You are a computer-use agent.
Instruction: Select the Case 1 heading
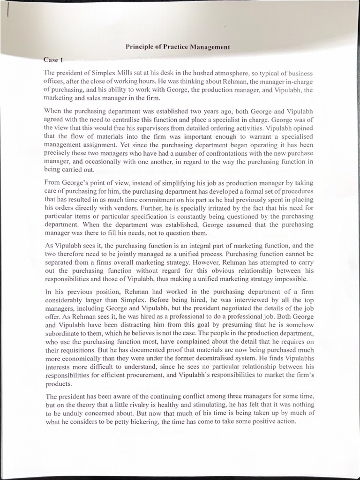coord(53,60)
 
